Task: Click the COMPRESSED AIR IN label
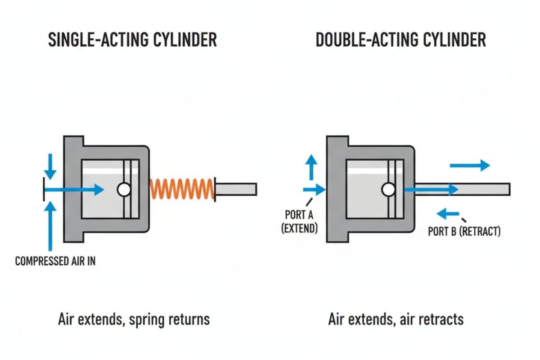click(55, 261)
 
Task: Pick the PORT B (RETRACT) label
click(463, 232)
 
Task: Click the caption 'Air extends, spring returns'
click(134, 319)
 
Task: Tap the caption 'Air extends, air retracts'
click(396, 319)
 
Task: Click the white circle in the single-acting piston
click(123, 190)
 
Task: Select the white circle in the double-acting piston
click(387, 190)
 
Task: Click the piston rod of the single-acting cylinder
click(236, 189)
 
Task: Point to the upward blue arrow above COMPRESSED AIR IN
click(52, 225)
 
